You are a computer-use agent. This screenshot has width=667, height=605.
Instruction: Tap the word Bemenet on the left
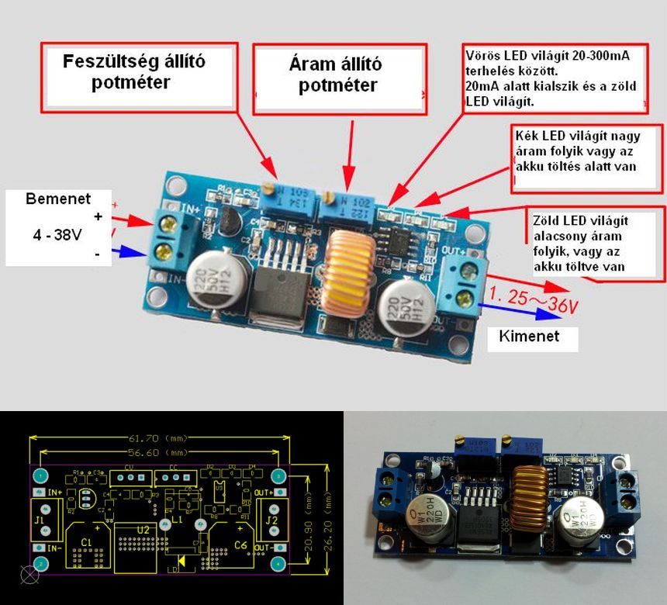point(58,199)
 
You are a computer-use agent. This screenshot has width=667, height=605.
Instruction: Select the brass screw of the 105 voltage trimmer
point(266,189)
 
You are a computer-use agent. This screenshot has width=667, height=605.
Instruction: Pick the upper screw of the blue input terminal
point(165,226)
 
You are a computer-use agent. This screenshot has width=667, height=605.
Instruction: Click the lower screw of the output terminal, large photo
point(465,299)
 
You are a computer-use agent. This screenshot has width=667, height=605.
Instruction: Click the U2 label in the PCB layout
point(143,529)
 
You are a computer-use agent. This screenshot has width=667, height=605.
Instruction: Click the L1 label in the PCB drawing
point(177,517)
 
